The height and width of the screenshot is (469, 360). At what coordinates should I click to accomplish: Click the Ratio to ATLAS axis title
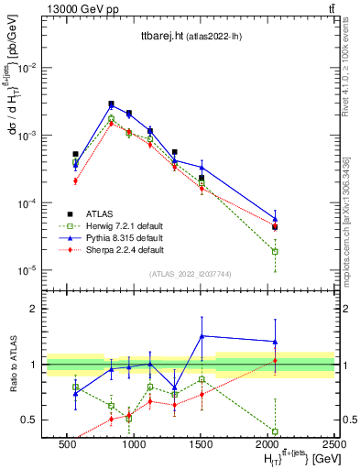13,364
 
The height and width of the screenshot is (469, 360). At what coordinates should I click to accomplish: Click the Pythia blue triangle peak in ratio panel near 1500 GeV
202,335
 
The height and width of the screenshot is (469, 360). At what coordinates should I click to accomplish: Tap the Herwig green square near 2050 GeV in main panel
275,251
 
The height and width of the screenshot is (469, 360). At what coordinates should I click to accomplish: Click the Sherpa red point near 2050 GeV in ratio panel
275,361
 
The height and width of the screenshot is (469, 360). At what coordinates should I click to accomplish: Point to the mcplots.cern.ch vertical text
351,220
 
